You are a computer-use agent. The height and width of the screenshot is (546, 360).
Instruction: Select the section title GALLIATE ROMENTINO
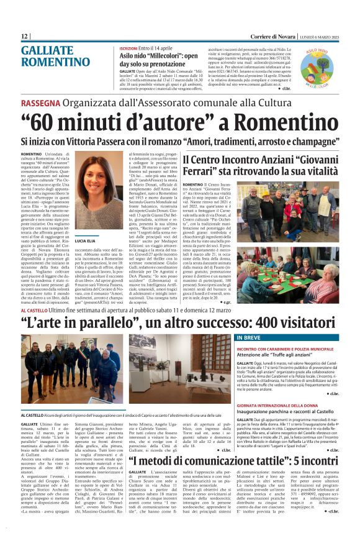(x=55, y=57)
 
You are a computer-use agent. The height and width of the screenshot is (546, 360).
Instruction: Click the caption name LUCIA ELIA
(x=84, y=239)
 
